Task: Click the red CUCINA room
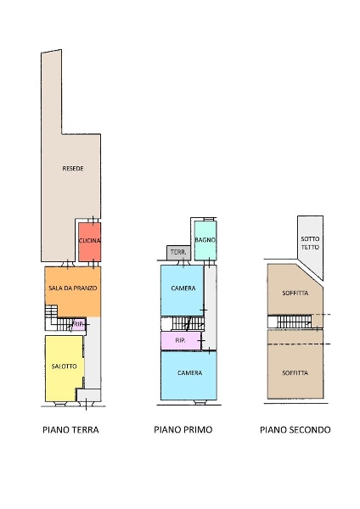pos(90,242)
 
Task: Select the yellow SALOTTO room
pos(65,368)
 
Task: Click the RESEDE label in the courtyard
pos(73,168)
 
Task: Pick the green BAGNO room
pos(205,240)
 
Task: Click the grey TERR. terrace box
pos(178,253)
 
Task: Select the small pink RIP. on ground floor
pos(79,324)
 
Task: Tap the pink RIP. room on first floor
pos(181,340)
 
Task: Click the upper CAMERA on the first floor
pos(183,290)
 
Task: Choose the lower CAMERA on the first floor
pos(188,376)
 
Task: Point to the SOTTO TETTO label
pos(310,243)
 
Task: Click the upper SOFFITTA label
pos(295,293)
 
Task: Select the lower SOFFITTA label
pos(295,373)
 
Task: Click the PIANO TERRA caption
pos(70,430)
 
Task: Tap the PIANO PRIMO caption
pos(183,430)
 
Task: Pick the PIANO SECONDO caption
pos(295,430)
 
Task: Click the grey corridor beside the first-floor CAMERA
pos(211,307)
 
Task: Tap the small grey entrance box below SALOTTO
pos(88,395)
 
